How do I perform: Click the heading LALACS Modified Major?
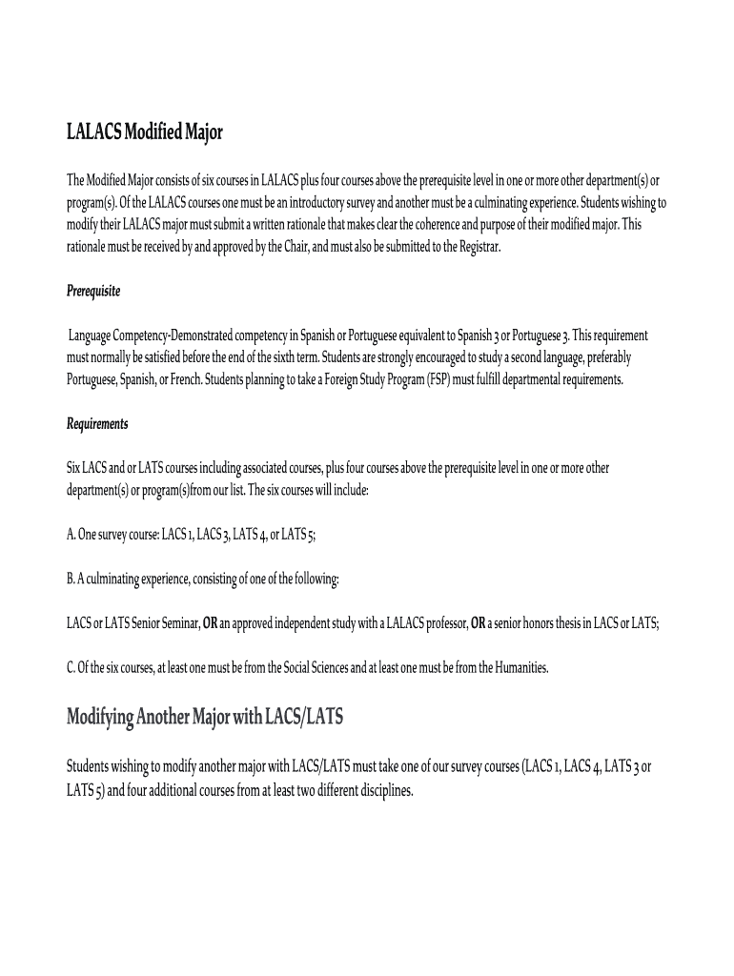[144, 132]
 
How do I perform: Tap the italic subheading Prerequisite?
[93, 291]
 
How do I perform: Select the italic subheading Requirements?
[97, 423]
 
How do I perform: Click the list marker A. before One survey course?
[71, 535]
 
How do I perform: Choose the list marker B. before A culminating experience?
[71, 579]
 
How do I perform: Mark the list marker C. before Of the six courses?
[71, 667]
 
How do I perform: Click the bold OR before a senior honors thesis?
[479, 623]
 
